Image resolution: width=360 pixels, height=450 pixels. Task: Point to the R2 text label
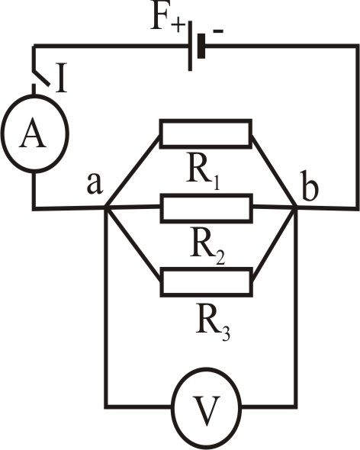[207, 246]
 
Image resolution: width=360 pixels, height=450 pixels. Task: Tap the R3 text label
[213, 322]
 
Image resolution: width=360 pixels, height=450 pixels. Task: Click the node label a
[95, 183]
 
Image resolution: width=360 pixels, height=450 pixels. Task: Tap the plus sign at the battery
[178, 26]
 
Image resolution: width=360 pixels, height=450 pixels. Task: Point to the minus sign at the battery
[217, 31]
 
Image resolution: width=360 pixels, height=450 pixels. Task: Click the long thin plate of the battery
[190, 46]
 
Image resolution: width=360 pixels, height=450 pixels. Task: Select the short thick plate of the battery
[201, 46]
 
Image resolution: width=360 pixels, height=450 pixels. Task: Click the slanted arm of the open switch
[41, 76]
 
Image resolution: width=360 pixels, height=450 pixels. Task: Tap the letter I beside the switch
[61, 79]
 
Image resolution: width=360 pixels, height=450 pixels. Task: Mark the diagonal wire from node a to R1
[133, 171]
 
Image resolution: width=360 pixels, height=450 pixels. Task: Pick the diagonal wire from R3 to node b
[274, 243]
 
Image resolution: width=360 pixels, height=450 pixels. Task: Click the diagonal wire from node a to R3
[133, 243]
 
